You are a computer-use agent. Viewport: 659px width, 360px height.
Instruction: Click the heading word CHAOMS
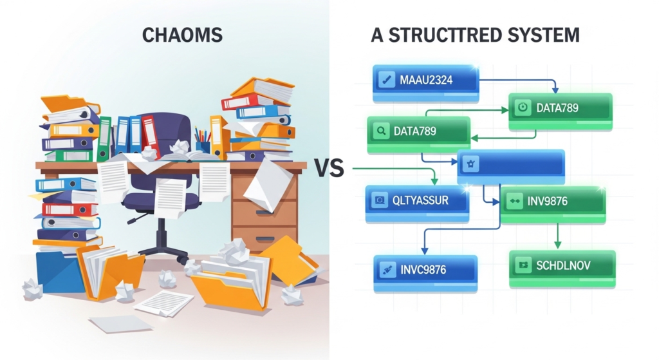click(181, 35)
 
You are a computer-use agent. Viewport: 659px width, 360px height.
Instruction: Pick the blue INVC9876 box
click(425, 269)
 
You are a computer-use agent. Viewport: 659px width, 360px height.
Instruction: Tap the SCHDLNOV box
click(562, 265)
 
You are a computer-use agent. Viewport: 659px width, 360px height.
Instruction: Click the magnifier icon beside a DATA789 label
click(381, 131)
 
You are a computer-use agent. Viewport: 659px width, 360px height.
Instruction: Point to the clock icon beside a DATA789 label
click(523, 108)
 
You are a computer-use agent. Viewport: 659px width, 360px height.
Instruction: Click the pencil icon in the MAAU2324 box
click(387, 81)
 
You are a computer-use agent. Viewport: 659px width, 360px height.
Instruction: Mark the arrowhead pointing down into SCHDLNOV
click(558, 245)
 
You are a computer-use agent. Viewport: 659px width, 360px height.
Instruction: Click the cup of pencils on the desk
click(203, 143)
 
